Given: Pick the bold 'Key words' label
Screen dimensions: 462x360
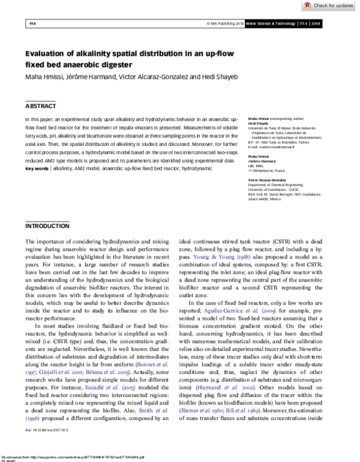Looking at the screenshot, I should point(37,169).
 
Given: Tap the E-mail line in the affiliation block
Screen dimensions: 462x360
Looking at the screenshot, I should point(272,146).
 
